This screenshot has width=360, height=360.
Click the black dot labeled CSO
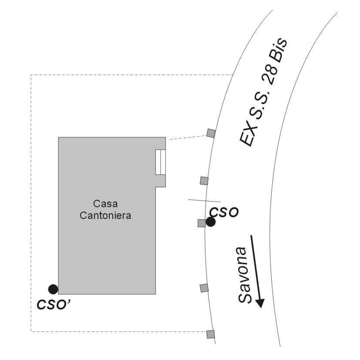tap(211, 222)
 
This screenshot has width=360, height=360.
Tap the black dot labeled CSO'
tap(53, 289)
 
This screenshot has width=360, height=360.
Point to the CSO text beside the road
tap(224, 212)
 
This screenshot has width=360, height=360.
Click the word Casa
tap(105, 204)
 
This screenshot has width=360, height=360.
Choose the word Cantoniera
tap(105, 215)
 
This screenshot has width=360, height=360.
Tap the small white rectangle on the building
tap(161, 162)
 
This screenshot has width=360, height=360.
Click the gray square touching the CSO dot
tap(202, 223)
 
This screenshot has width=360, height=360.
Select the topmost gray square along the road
tap(211, 133)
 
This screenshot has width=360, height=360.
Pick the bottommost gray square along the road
tap(211, 334)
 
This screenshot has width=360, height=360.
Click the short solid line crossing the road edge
tap(204, 201)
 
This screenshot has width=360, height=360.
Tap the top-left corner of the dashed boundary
tap(31, 75)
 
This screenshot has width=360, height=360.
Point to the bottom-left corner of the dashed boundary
tap(31, 332)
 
